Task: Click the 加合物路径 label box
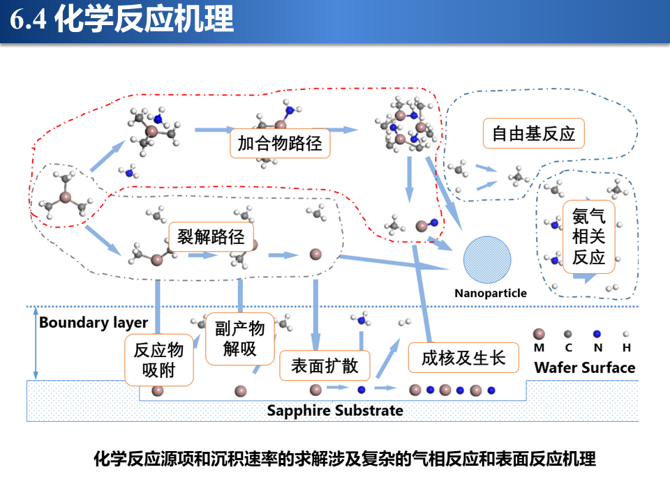(x=280, y=144)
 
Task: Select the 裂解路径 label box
(x=211, y=236)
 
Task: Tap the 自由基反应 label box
(x=534, y=134)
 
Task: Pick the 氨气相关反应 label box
(x=589, y=237)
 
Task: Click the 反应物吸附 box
(x=159, y=360)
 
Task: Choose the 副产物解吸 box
(x=239, y=339)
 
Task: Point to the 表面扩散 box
(x=325, y=366)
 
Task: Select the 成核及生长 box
(x=463, y=358)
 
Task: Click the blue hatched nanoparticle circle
(x=487, y=259)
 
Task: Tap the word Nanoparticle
(x=491, y=294)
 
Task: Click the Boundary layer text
(x=94, y=323)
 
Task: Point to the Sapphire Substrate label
(x=335, y=411)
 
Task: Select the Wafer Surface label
(x=585, y=367)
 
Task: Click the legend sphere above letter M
(x=539, y=334)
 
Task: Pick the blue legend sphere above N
(x=597, y=334)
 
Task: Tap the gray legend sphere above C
(x=568, y=334)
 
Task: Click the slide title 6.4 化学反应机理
(x=121, y=20)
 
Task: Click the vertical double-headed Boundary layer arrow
(x=36, y=343)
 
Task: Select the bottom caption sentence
(x=345, y=459)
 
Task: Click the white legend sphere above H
(x=626, y=334)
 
